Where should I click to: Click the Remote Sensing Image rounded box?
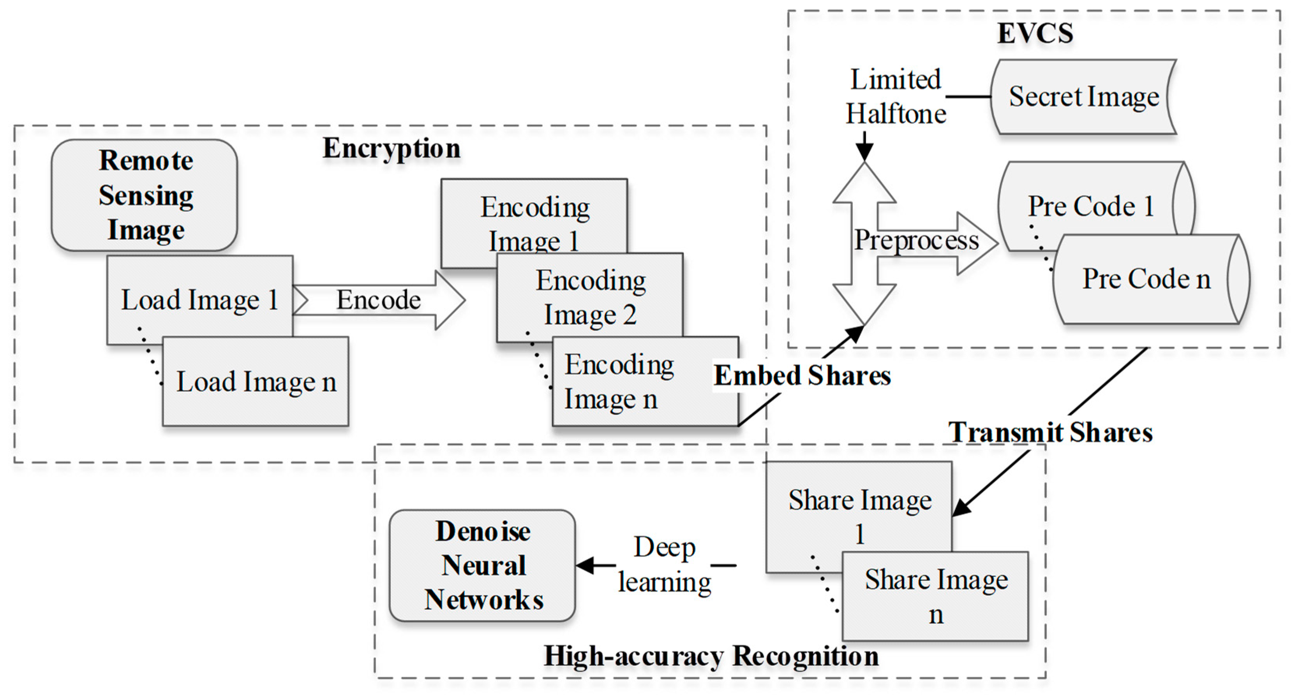click(x=145, y=195)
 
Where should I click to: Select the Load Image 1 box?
click(x=199, y=300)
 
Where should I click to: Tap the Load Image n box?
click(x=256, y=382)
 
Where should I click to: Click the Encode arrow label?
click(x=378, y=300)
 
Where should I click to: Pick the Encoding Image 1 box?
click(x=534, y=215)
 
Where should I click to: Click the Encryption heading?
click(x=392, y=148)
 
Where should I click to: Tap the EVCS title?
click(x=1035, y=33)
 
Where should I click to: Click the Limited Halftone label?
click(x=896, y=97)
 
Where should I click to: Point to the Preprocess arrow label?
click(x=917, y=240)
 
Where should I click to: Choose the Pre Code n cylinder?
click(x=1146, y=279)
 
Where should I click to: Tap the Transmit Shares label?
click(x=1050, y=432)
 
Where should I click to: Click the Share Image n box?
click(x=936, y=596)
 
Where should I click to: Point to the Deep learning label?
click(x=665, y=564)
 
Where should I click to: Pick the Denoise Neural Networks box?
click(x=483, y=566)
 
